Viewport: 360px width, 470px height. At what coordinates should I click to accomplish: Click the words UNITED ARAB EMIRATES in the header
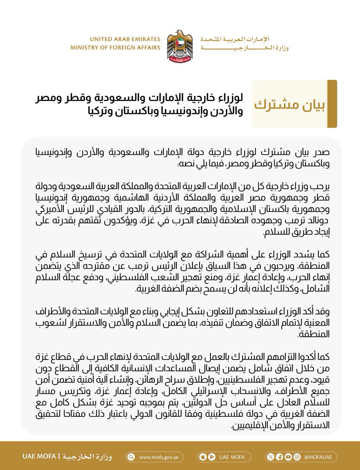[x=125, y=40]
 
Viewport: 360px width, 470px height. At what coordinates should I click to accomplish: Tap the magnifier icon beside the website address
[x=131, y=457]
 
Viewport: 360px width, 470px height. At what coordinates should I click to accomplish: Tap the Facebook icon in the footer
[x=279, y=457]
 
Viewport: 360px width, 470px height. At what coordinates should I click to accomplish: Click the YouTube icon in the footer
[x=288, y=457]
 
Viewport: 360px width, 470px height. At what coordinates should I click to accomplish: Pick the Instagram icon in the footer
[x=297, y=457]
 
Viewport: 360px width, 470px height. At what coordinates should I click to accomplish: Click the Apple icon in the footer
[x=203, y=457]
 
